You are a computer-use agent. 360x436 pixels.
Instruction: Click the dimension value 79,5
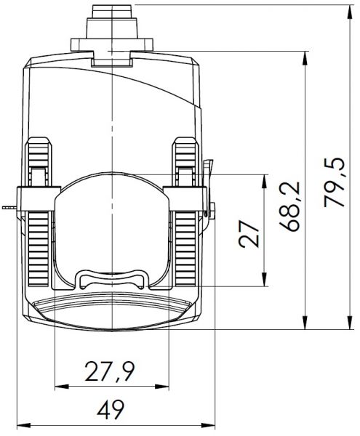click(x=334, y=182)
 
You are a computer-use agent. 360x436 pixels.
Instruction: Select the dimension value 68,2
click(x=289, y=206)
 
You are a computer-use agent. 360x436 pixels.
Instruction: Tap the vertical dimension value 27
click(x=249, y=234)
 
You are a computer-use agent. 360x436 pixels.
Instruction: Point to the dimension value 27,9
click(x=110, y=371)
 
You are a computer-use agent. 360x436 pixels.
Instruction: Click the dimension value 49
click(x=111, y=410)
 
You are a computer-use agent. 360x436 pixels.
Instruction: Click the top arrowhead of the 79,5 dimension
click(x=351, y=12)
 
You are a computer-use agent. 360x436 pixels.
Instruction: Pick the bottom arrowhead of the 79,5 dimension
click(x=351, y=323)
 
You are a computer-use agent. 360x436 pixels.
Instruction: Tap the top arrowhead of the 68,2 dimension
click(x=305, y=58)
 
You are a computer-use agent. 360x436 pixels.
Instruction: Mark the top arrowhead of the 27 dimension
click(x=264, y=182)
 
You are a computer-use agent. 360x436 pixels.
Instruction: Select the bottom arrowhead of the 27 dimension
click(x=264, y=279)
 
